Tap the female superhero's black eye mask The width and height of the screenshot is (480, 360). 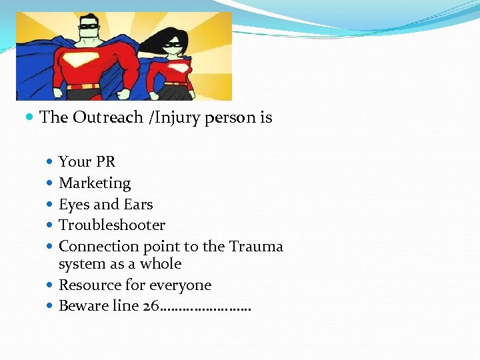(173, 46)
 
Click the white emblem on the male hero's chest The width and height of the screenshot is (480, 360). (87, 61)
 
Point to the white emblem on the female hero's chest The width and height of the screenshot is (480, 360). (175, 68)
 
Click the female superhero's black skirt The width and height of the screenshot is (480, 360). (176, 93)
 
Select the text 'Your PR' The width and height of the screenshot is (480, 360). (87, 161)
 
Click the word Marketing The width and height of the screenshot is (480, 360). (95, 183)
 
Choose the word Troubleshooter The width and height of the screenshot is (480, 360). (112, 225)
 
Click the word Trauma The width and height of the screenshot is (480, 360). (256, 246)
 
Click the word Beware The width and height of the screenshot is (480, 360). (81, 306)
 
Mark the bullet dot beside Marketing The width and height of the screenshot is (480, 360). (51, 183)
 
